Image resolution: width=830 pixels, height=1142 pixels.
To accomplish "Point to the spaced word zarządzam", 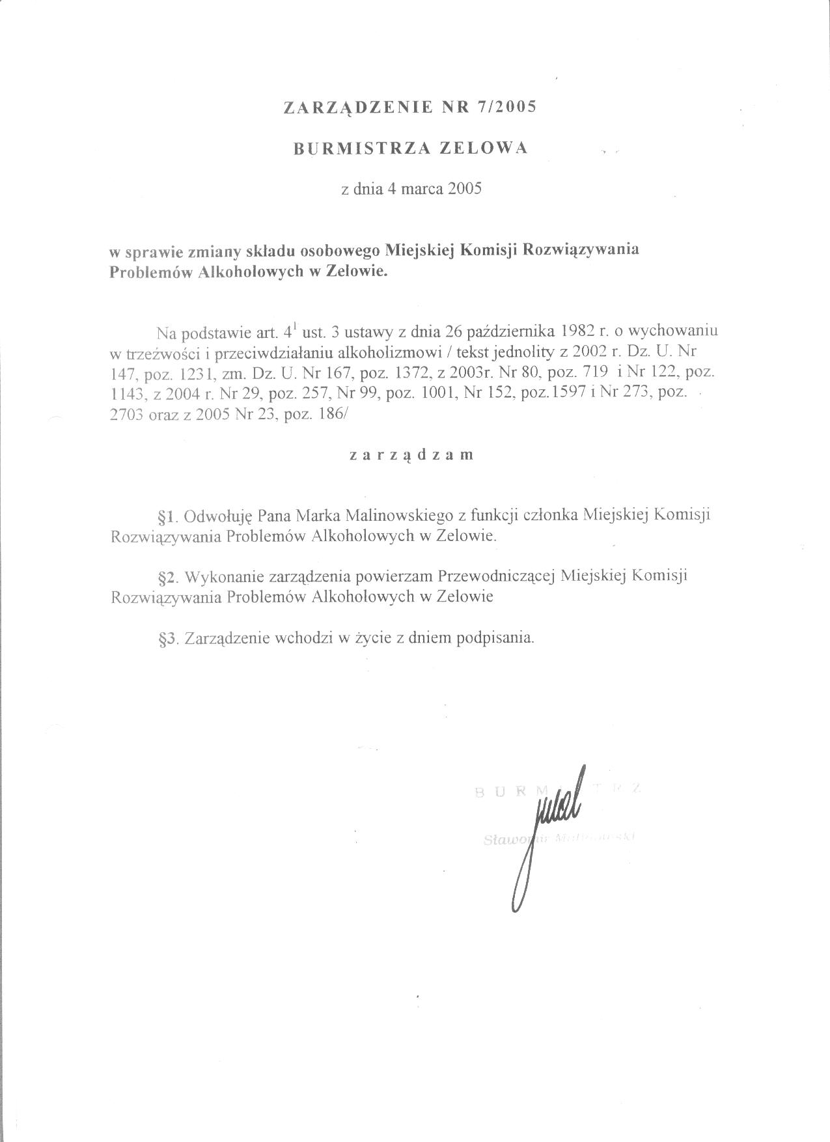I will point(412,455).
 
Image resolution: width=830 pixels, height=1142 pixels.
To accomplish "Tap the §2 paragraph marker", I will point(168,577).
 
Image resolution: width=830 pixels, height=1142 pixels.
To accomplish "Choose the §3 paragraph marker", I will point(168,639).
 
